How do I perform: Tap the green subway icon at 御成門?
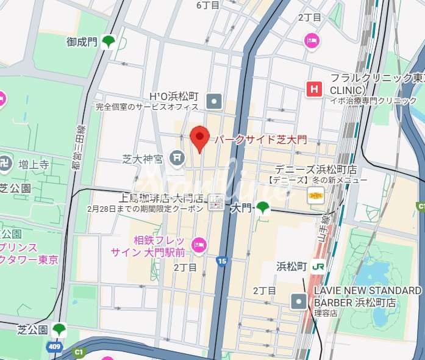[x=109, y=41]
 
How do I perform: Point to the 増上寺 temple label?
[x=34, y=164]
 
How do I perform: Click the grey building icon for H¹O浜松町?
[x=214, y=99]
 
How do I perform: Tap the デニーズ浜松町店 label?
[x=315, y=169]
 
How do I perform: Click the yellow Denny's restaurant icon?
[x=315, y=195]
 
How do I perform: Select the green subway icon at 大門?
[x=263, y=208]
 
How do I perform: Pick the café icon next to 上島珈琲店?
[x=216, y=202]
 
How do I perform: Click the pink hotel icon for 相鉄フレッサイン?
[x=199, y=245]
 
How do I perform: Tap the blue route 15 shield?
[x=221, y=261]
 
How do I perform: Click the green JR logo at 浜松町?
[x=318, y=267]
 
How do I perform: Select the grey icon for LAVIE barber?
[x=299, y=300]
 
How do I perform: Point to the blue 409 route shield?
[x=55, y=347]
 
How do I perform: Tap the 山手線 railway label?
[x=326, y=229]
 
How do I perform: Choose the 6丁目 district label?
[x=207, y=5]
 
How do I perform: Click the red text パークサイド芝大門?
[x=261, y=139]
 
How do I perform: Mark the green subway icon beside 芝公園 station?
[x=59, y=329]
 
